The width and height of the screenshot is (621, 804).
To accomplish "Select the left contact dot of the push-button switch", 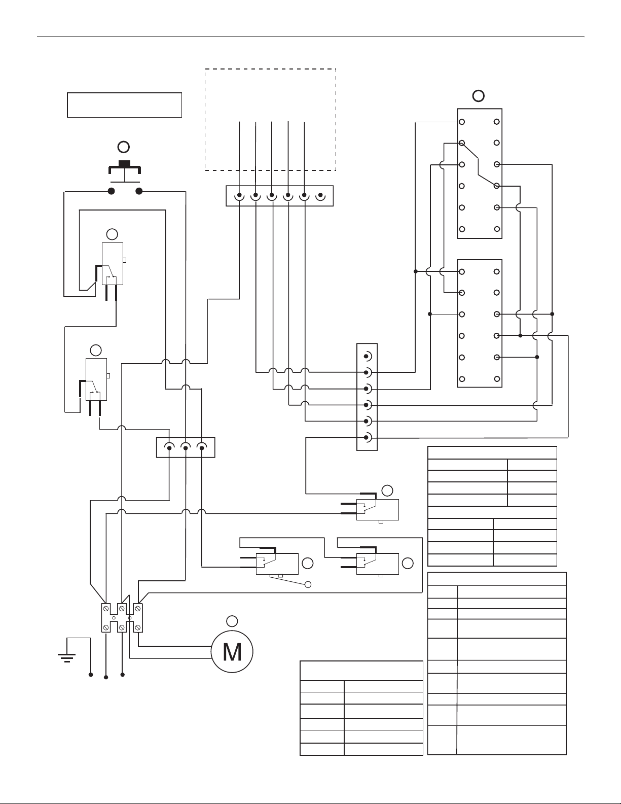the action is pos(111,191).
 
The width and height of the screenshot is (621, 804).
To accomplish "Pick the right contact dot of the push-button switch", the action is pos(139,191).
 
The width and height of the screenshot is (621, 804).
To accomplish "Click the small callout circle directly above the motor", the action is pos(232,621).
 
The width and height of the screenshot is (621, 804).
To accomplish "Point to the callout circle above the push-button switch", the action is pos(124,147).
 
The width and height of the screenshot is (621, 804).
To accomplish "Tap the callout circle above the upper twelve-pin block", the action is pos(479,96).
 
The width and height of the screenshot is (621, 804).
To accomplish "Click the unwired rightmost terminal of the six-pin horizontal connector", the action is pos(320,195).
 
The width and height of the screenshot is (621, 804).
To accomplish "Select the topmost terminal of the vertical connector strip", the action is pos(367,356).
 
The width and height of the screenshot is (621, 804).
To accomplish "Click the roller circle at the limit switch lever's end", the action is pos(308,584).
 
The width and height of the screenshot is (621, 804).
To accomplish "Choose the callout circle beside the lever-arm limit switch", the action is pos(308,564).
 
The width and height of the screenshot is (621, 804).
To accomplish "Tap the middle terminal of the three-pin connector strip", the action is pos(186,447).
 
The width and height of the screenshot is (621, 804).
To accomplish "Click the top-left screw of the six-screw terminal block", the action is pos(106,608).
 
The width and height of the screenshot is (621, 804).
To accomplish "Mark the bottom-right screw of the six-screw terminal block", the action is pos(137,627).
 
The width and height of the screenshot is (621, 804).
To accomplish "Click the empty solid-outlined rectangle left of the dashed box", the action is pos(125,105).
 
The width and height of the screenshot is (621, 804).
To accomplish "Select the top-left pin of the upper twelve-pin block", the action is pos(462,122).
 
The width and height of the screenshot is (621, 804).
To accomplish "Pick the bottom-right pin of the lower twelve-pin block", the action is pos(497,379).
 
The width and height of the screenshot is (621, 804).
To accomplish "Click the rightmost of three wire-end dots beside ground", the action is pos(123,675).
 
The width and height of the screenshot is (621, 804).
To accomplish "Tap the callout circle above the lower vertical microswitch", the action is pos(96,350).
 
